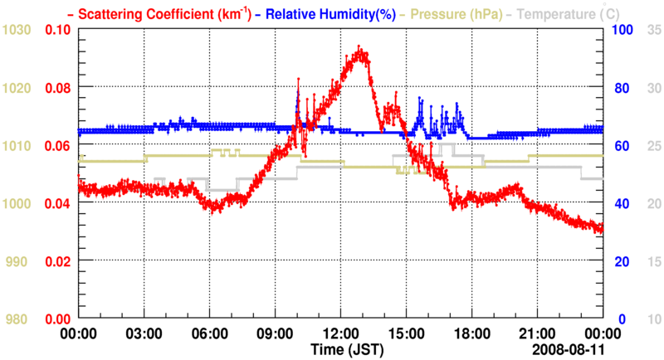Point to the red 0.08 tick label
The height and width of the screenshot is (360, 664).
pyautogui.click(x=57, y=87)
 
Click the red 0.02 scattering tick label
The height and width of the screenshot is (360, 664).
pyautogui.click(x=57, y=261)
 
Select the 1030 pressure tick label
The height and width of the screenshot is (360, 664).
pyautogui.click(x=17, y=30)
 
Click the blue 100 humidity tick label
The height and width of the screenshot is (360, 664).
pyautogui.click(x=622, y=30)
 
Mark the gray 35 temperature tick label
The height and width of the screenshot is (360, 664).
pyautogui.click(x=652, y=30)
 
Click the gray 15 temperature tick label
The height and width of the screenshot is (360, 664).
pyautogui.click(x=652, y=261)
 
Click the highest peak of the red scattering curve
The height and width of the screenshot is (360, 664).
pyautogui.click(x=359, y=48)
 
